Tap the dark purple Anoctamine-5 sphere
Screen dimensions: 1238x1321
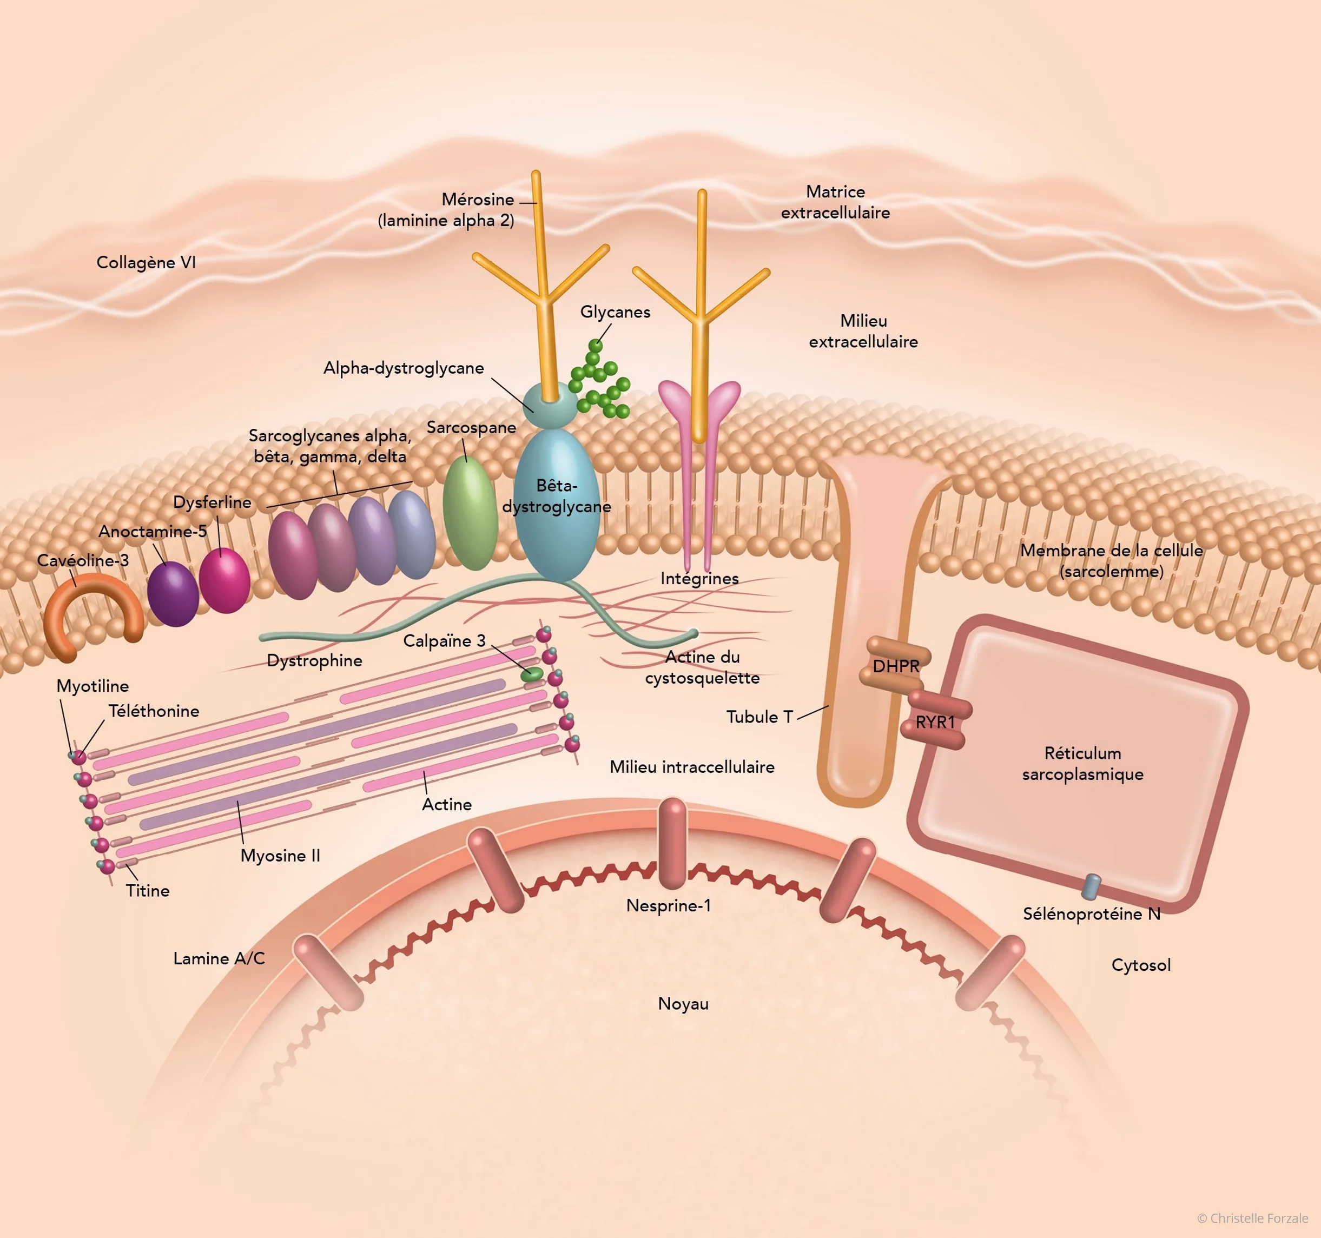coord(173,593)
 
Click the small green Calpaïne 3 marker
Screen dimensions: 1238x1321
coord(532,674)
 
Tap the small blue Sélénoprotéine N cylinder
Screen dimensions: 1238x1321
coord(1091,886)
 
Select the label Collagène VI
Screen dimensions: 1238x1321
coord(146,262)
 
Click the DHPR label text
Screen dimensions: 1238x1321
coord(896,666)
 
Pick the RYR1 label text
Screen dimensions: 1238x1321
coord(935,721)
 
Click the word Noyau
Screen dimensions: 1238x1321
coord(683,1003)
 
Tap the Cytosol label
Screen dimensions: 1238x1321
coord(1141,965)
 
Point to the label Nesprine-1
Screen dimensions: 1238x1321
coord(669,905)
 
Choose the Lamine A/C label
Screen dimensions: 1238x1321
coord(219,958)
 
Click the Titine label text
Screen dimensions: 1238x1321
coord(148,890)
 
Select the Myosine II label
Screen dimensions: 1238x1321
coord(280,855)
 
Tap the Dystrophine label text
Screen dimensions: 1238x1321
coord(314,660)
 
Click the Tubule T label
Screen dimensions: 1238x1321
coord(759,716)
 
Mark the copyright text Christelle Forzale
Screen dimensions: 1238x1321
coord(1252,1218)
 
